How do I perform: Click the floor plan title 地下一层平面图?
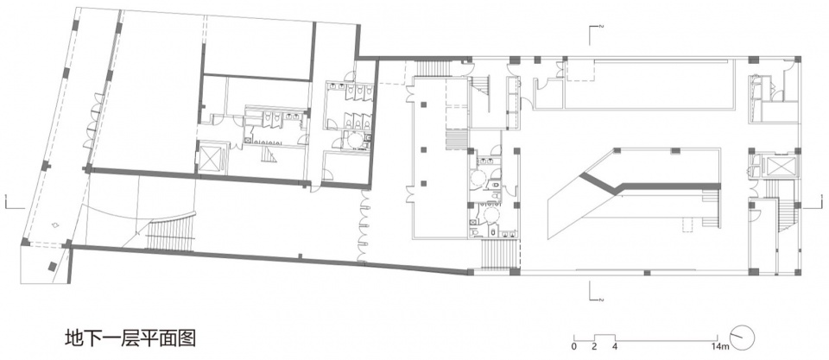(x=130, y=338)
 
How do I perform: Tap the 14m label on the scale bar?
(x=720, y=347)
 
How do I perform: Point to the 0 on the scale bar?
(x=573, y=347)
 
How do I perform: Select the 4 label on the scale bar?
(x=614, y=347)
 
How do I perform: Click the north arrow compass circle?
(x=743, y=337)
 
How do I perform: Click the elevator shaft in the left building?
(x=211, y=156)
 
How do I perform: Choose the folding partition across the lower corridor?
(x=364, y=226)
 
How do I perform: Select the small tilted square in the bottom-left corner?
(x=53, y=267)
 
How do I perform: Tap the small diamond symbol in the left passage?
(x=54, y=225)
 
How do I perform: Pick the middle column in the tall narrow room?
(x=423, y=149)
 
